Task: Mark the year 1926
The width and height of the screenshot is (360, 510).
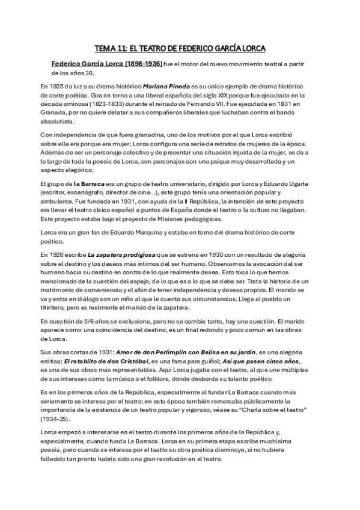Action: click(x=59, y=256)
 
